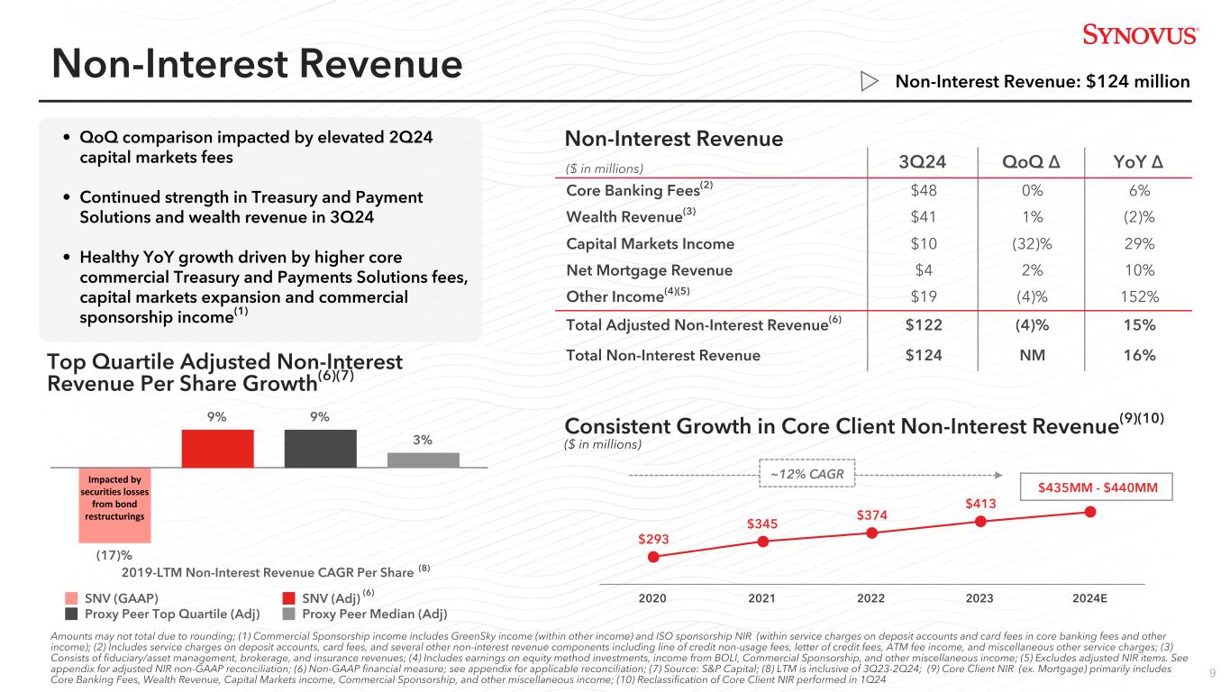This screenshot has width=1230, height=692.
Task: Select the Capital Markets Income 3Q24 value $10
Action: (x=924, y=243)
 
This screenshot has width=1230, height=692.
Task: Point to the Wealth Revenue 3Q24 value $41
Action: (x=924, y=217)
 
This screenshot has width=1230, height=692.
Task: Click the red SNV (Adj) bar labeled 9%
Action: (x=217, y=448)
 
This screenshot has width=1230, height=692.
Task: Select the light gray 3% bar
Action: (x=423, y=459)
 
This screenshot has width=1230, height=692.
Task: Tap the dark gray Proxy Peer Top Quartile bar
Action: (x=320, y=448)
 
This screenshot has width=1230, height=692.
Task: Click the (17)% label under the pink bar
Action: (x=114, y=556)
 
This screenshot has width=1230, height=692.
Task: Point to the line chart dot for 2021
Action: (x=763, y=542)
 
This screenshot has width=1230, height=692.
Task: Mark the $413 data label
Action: (x=981, y=505)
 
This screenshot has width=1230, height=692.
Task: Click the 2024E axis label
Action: (x=1090, y=597)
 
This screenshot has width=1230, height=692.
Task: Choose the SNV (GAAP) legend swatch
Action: (x=71, y=597)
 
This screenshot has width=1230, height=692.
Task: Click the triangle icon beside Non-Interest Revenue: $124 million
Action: (x=870, y=82)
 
